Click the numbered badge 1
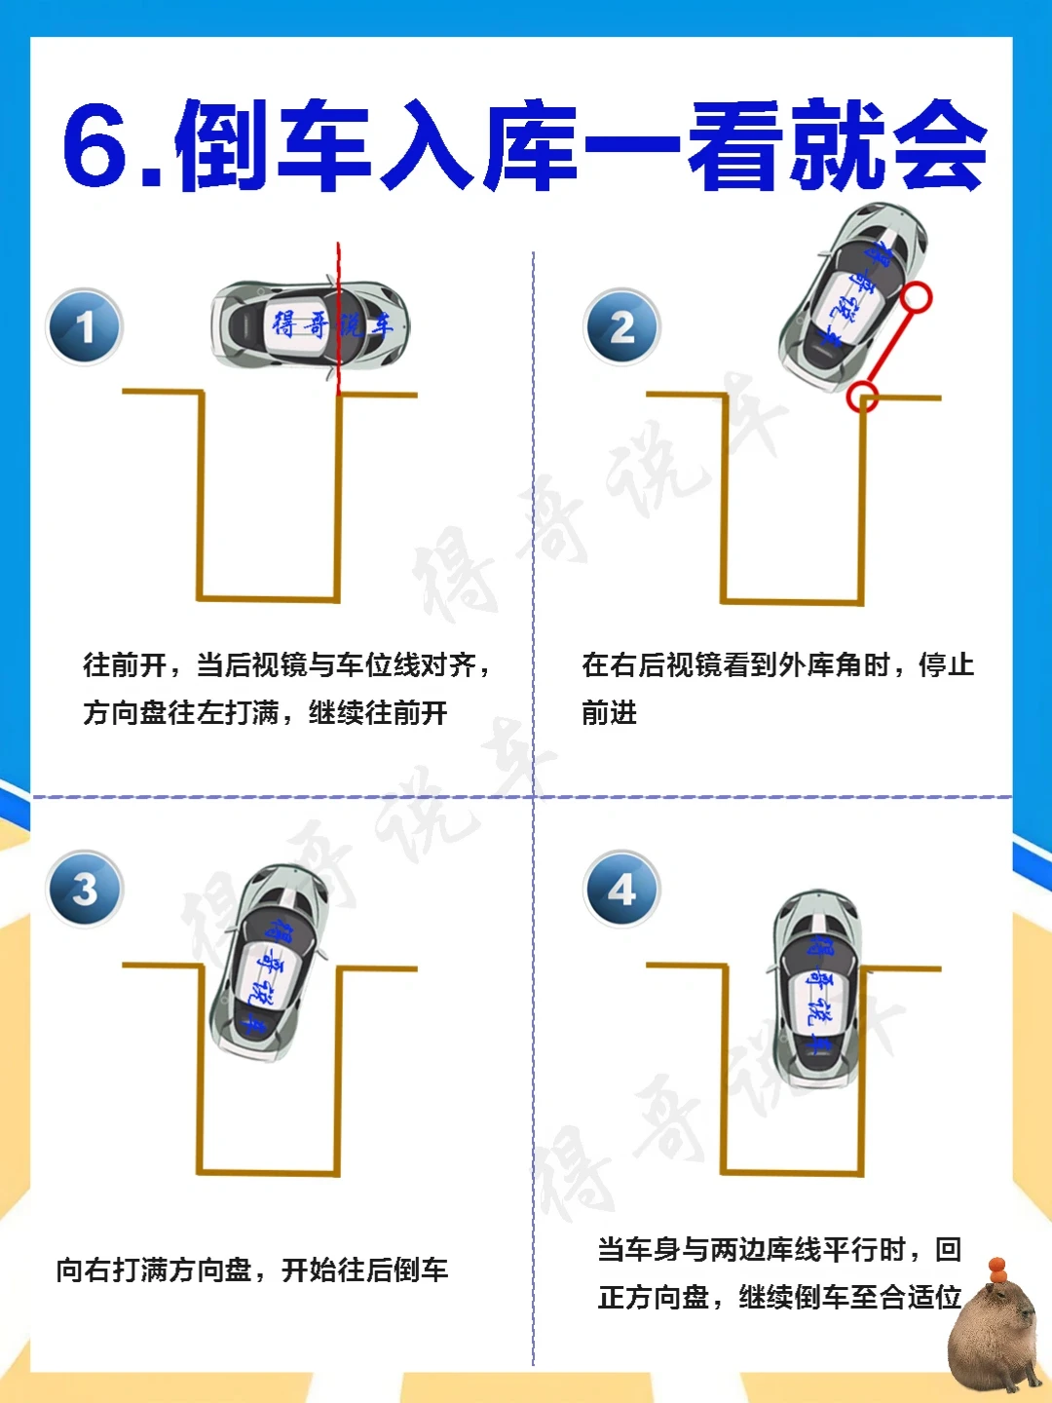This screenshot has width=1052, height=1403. (x=85, y=326)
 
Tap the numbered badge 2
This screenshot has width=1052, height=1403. (x=621, y=326)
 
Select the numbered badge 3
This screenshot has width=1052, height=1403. (x=85, y=889)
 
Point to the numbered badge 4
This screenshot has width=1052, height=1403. (x=621, y=889)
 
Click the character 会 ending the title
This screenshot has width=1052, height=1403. (x=940, y=146)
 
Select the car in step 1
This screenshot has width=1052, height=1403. (x=311, y=325)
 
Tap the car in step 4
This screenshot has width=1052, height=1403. (x=817, y=989)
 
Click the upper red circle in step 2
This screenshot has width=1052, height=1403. (x=918, y=298)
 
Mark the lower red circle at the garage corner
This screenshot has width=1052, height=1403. (x=862, y=397)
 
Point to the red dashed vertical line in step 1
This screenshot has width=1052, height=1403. (x=339, y=320)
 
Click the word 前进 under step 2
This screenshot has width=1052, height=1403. (x=610, y=712)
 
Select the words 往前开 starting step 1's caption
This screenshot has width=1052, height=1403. (x=126, y=665)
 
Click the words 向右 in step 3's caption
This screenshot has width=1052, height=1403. (x=84, y=1270)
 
